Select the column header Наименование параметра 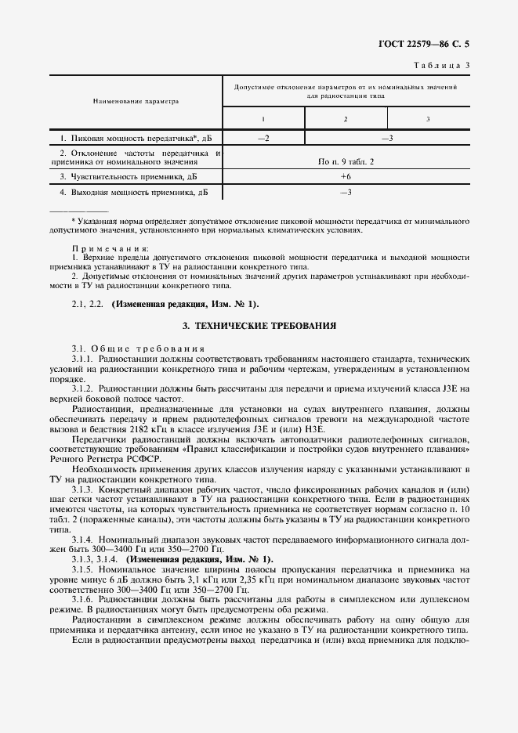click(136, 101)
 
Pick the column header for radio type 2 click(345, 119)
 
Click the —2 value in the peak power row click(263, 139)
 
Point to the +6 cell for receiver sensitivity click(345, 177)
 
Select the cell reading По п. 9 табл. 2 click(346, 161)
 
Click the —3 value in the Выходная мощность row click(345, 192)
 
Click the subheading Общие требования click(149, 348)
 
